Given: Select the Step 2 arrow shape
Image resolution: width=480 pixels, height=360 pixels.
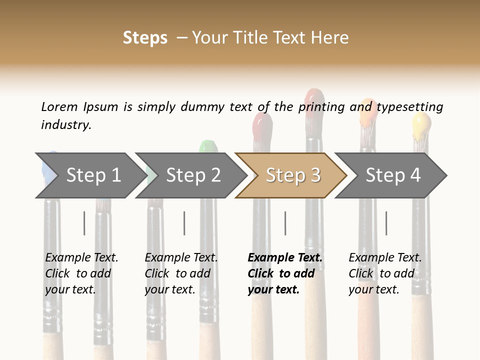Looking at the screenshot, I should coord(190,175).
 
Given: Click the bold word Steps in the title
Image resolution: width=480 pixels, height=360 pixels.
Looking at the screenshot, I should coord(145,38).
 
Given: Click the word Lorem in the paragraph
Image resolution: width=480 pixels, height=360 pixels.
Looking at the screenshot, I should coord(59,106).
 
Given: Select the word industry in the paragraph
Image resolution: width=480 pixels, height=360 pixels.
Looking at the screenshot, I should coord(66,124).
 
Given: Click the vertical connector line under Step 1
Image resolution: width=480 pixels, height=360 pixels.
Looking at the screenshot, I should coord(84,223).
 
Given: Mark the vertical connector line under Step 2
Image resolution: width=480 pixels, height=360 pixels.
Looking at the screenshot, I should coord(184,223).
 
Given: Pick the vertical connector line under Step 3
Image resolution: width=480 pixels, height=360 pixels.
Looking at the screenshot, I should coord(285,223).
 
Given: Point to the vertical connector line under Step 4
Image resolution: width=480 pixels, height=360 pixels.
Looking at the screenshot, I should coord(386,223).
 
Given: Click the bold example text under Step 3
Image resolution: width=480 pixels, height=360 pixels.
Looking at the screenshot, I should coord(284,273).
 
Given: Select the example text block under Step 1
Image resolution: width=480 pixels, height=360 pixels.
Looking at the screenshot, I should coord(81,273).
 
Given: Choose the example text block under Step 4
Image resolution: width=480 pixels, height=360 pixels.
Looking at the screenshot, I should coord(384,273).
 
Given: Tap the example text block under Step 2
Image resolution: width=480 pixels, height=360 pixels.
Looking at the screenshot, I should coord(180,273).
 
